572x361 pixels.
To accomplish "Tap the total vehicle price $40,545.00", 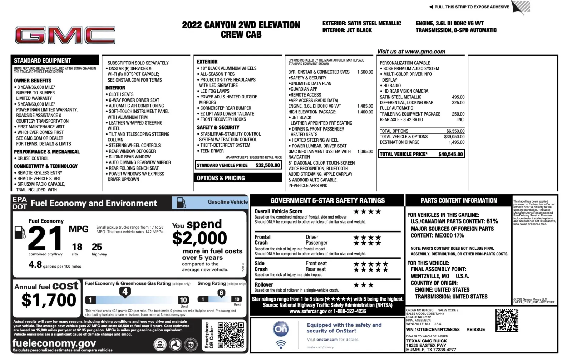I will [450, 154].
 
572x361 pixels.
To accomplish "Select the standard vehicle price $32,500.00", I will [268, 165].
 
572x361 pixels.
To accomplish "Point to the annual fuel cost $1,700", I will [49, 300].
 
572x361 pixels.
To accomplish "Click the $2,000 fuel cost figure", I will [199, 238].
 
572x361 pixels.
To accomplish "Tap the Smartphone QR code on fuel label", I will [231, 335].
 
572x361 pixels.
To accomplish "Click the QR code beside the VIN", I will [507, 320].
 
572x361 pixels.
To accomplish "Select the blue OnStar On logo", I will [281, 329].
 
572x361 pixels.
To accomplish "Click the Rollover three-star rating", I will [363, 285].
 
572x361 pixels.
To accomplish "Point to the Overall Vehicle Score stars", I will [367, 211].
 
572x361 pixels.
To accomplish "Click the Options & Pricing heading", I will [221, 178].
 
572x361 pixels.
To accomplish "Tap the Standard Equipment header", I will [43, 60].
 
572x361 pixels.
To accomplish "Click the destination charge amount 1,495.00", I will [457, 142].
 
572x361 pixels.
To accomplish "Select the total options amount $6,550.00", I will [455, 131].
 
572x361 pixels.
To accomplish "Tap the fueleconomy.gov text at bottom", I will [54, 343].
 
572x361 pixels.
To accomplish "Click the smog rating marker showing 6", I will [221, 293].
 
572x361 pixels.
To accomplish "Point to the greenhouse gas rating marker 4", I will [125, 292].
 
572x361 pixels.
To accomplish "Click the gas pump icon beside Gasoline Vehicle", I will [181, 203].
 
